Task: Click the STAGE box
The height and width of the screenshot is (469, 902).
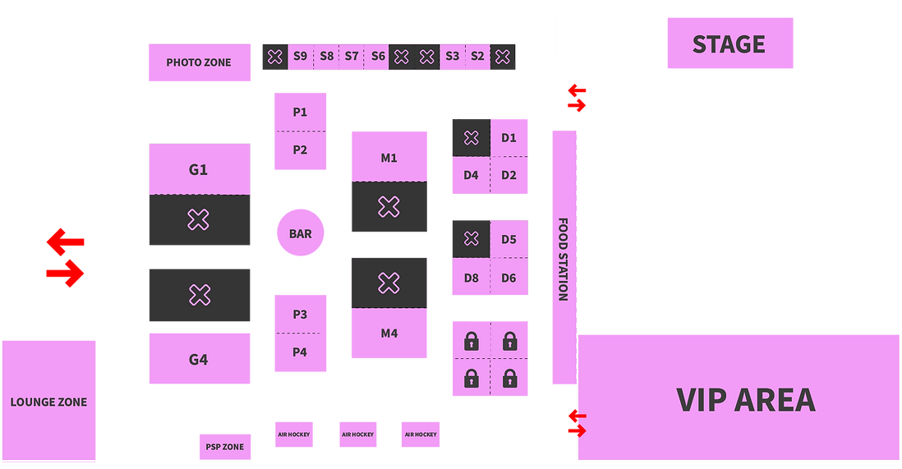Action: [x=729, y=44]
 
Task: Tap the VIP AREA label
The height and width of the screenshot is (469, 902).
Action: [x=746, y=400]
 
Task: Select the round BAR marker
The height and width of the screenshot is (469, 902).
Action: [x=300, y=234]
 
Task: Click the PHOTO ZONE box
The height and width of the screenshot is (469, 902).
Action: [x=199, y=62]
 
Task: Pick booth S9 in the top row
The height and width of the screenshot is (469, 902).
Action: [x=300, y=57]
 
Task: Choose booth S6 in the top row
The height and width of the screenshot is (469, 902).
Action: [x=378, y=57]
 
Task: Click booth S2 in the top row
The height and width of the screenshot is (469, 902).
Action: [x=477, y=57]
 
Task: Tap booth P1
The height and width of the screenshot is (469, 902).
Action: [x=300, y=112]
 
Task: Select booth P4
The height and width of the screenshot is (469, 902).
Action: [x=300, y=352]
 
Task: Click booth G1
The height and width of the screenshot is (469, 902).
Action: [x=199, y=170]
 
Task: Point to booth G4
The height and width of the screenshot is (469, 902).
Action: [x=199, y=360]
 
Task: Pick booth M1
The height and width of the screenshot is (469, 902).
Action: [x=389, y=158]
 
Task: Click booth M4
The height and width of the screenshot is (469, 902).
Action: [x=389, y=333]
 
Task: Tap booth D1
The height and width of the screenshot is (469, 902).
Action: [x=509, y=138]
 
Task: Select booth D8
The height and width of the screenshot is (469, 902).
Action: [x=471, y=278]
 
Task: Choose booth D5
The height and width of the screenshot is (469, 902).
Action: [x=509, y=240]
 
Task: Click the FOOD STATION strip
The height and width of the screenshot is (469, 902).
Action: [x=563, y=258]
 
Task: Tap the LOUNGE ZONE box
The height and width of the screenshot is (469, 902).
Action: [x=48, y=402]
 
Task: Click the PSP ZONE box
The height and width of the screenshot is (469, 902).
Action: [x=223, y=447]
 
